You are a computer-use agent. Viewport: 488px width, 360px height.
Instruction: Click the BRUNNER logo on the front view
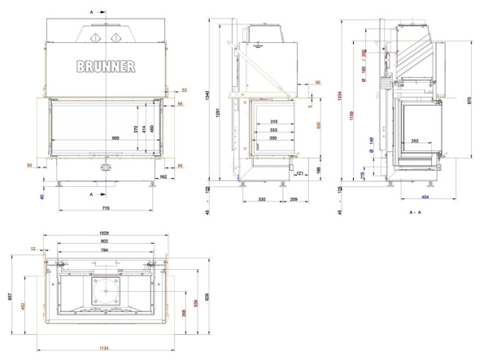106,67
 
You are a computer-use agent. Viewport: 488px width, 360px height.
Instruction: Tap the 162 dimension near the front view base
163,176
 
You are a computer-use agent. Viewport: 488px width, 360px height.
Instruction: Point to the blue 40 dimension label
42,196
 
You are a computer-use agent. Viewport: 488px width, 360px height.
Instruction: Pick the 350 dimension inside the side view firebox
273,138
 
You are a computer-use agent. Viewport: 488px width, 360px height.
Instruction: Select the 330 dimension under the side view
263,198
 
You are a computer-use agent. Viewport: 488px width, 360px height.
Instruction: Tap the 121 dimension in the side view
298,173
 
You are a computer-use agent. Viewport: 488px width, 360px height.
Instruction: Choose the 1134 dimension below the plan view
104,348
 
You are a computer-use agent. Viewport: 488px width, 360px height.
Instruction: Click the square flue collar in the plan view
105,288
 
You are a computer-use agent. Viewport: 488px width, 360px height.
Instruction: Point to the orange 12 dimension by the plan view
33,249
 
